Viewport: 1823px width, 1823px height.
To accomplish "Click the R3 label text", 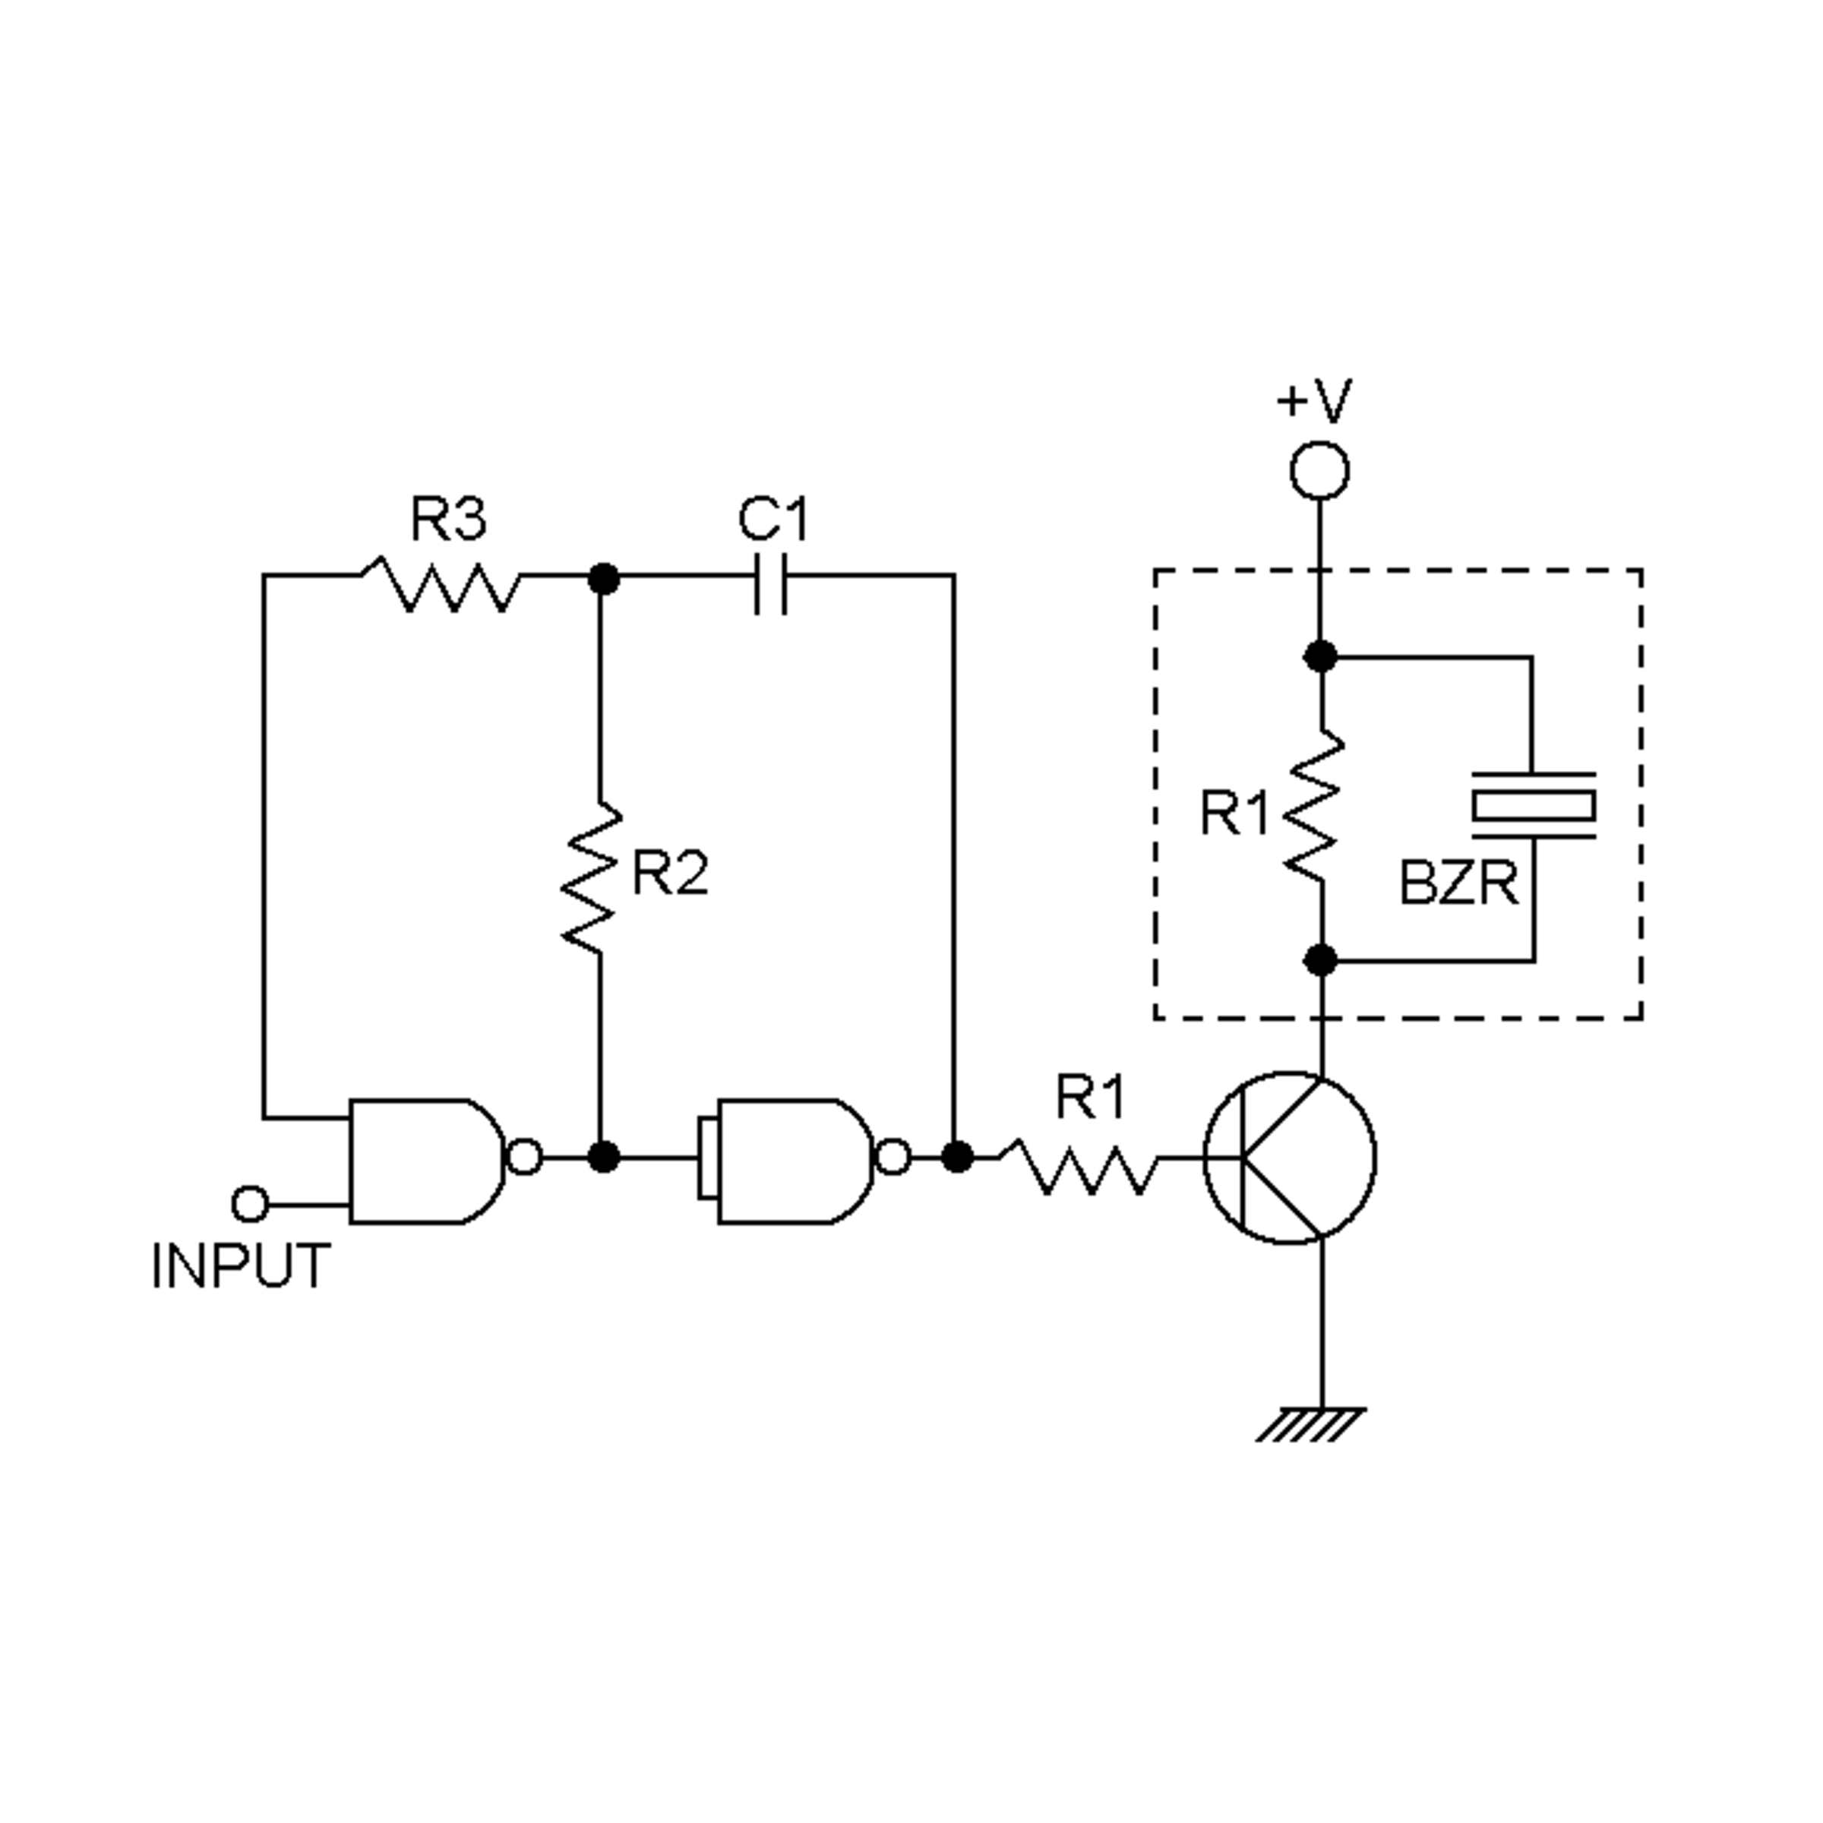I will click(x=448, y=519).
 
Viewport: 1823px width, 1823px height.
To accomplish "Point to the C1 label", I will click(x=774, y=519).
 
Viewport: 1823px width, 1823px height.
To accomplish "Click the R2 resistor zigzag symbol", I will click(x=592, y=877).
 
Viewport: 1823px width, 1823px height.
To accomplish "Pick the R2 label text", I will click(x=670, y=874).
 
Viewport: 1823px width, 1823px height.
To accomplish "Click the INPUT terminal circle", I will click(x=250, y=1204).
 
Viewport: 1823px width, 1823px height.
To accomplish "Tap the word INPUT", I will click(x=242, y=1266).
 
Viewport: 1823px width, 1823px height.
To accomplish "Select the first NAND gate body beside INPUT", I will click(x=425, y=1161).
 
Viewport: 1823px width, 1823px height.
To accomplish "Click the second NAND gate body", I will click(x=792, y=1161).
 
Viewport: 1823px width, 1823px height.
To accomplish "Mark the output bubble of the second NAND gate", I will click(x=893, y=1157).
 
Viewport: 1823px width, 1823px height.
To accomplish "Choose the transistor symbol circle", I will click(x=1290, y=1158).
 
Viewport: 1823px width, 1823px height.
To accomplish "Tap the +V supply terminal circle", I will click(x=1319, y=470).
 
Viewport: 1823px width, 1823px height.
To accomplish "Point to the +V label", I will click(x=1314, y=401).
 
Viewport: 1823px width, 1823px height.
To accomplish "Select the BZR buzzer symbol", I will click(x=1534, y=806).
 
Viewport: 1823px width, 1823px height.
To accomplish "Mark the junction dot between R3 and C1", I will click(x=604, y=578).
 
